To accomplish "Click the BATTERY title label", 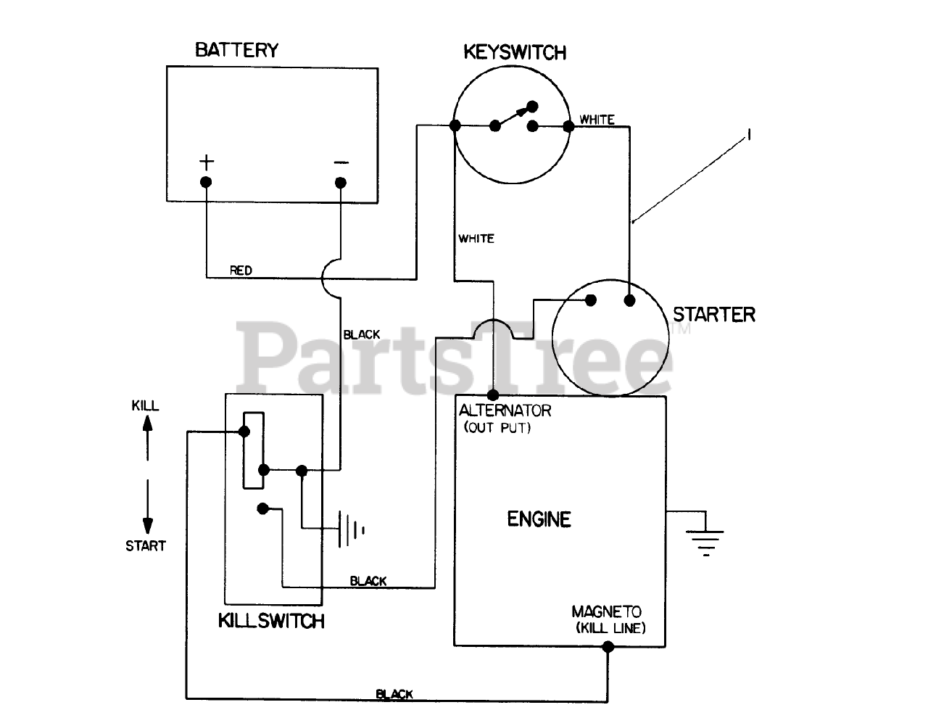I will pos(236,50).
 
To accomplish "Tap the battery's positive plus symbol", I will pos(207,160).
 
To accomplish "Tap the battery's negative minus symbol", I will pos(341,162).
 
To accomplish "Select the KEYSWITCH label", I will pos(515,52).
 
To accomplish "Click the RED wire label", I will pos(241,271).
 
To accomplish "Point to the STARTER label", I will pos(713,315).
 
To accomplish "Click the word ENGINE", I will pos(539,519).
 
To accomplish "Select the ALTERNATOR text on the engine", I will pos(505,410).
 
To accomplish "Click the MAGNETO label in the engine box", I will pos(606,612).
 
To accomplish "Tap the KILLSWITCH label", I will pos(271,622).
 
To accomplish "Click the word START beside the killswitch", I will pos(146,546).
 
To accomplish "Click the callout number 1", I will pos(750,135).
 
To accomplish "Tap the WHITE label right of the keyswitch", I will pos(597,120).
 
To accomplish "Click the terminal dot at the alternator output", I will pos(492,395).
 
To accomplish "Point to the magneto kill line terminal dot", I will pos(608,648).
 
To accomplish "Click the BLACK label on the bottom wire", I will pos(394,695).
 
